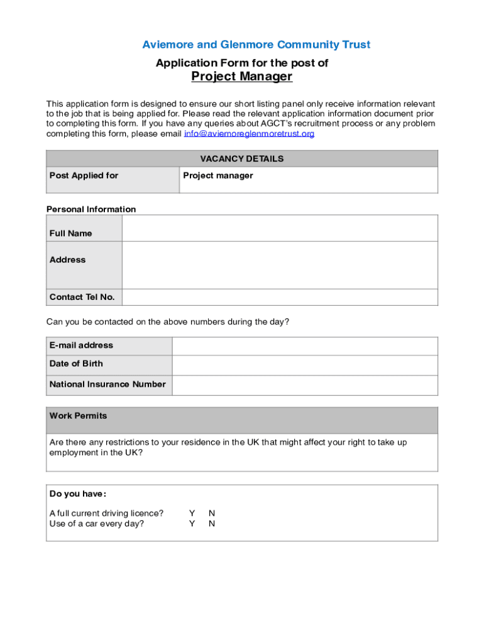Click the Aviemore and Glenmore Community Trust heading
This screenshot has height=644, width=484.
(256, 45)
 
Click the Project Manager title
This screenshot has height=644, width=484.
(242, 77)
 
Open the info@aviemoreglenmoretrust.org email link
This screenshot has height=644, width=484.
(249, 134)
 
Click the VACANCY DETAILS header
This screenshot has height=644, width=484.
(242, 158)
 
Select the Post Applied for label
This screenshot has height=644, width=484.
(84, 175)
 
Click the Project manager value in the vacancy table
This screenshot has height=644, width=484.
(218, 175)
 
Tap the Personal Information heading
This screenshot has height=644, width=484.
(91, 209)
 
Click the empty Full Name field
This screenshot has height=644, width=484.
(280, 228)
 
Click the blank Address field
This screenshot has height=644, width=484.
(280, 265)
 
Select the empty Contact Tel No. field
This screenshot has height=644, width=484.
(280, 297)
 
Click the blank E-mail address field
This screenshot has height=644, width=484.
(305, 346)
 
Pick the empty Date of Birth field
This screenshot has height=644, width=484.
(305, 365)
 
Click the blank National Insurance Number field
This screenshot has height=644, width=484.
(305, 385)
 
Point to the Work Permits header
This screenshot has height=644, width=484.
(79, 416)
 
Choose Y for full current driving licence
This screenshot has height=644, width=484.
(192, 513)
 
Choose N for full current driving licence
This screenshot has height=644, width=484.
(212, 513)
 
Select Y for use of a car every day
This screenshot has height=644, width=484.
(192, 523)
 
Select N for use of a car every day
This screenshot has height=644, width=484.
(212, 523)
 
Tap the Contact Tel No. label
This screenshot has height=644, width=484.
(82, 297)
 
